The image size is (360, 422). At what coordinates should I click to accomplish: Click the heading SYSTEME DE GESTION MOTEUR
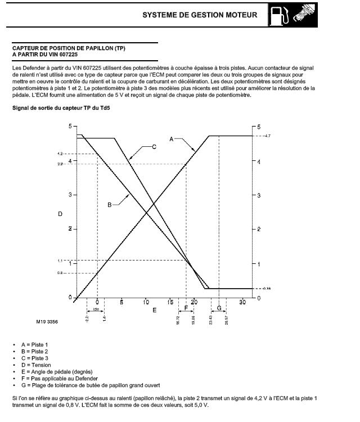tap(200, 15)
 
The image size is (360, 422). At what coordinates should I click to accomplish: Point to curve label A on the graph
tap(172, 138)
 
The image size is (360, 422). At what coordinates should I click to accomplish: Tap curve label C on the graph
tap(154, 147)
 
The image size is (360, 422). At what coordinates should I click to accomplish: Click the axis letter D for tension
tap(60, 214)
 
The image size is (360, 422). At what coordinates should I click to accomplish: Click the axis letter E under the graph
tap(154, 311)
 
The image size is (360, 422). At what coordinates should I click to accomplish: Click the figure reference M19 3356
tap(47, 322)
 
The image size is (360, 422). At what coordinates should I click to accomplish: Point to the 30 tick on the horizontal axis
tap(242, 303)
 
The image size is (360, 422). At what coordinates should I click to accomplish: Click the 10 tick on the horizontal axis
tap(146, 303)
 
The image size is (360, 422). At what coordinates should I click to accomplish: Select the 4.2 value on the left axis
tap(60, 154)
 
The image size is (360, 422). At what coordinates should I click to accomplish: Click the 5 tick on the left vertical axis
tap(71, 126)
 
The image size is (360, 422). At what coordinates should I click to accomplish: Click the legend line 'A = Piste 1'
tap(34, 344)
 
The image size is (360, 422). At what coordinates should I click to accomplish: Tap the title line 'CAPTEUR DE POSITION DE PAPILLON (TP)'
tap(69, 48)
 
